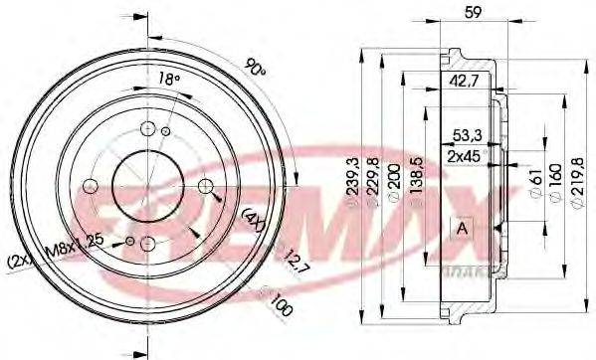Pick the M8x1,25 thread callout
(x=84, y=240)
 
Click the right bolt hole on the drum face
(x=206, y=186)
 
